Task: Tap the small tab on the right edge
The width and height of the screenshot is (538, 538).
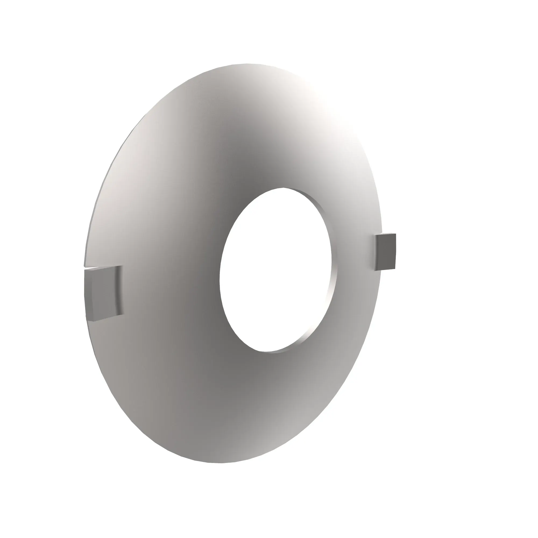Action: (x=385, y=252)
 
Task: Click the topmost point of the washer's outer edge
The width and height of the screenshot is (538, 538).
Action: (x=245, y=64)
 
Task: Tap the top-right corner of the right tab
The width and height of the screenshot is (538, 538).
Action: (x=395, y=234)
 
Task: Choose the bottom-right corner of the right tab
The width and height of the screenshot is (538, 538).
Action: (x=395, y=269)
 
